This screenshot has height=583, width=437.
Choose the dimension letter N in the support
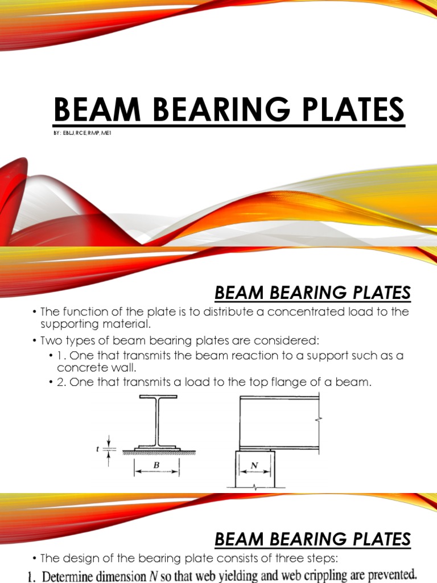pyautogui.click(x=254, y=466)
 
